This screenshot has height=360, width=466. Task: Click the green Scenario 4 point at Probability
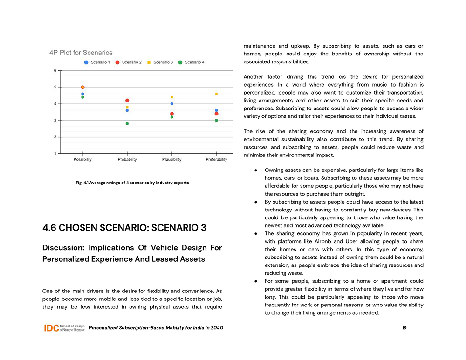click(127, 124)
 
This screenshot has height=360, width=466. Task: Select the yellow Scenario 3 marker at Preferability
click(216, 94)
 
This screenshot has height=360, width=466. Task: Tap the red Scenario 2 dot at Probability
click(127, 101)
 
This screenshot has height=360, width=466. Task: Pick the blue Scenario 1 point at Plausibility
click(172, 104)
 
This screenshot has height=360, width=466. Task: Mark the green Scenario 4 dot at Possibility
click(82, 97)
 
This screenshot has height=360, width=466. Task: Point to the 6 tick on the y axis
click(55, 71)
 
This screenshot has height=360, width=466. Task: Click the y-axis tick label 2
click(55, 137)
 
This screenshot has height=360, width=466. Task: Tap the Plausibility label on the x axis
click(172, 160)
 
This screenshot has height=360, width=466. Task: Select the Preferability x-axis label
click(216, 160)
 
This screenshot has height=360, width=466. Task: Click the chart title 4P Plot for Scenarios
click(81, 53)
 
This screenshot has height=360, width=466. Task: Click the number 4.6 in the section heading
click(50, 228)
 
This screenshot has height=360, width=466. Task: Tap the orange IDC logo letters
click(51, 328)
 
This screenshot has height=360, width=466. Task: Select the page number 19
click(404, 328)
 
